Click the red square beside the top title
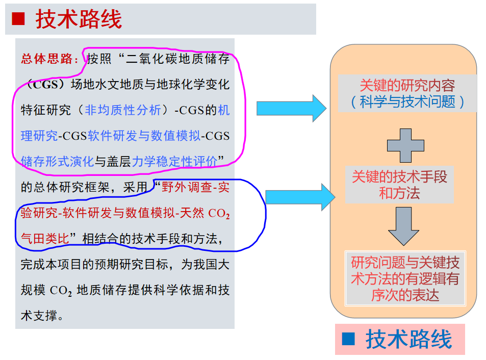pos(18,19)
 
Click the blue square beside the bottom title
pos(348,339)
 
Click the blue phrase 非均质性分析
pos(122,110)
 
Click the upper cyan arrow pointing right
pos(291,108)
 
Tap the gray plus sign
pos(405,146)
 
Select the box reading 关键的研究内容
pos(407,93)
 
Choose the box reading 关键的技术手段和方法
pos(399,185)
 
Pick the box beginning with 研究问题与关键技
pos(405,278)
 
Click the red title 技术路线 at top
pos(79,19)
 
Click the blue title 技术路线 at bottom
pos(408,339)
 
